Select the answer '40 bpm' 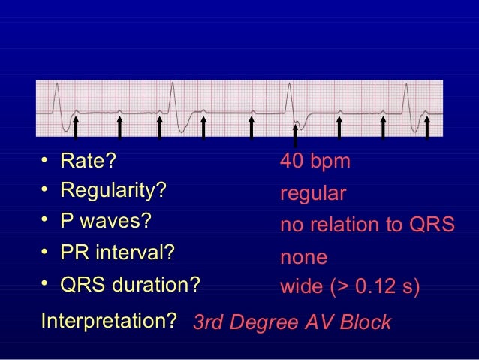click(315, 162)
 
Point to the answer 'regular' click(313, 194)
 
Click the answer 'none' click(303, 258)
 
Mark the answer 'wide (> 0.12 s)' click(350, 287)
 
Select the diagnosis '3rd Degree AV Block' click(292, 322)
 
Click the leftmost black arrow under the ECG click(76, 127)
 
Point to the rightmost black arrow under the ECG click(426, 127)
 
